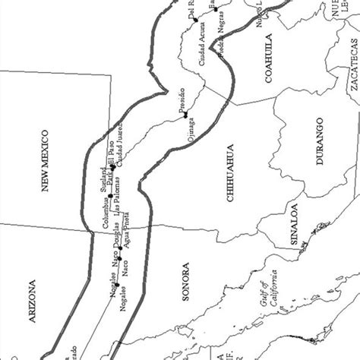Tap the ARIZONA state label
32,305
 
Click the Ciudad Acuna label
204,35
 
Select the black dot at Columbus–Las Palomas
110,196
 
